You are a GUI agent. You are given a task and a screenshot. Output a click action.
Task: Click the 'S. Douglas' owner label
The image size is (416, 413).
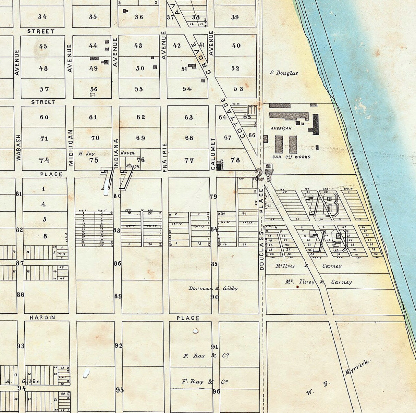284,73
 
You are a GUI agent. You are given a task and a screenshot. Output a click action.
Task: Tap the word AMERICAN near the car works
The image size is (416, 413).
281,128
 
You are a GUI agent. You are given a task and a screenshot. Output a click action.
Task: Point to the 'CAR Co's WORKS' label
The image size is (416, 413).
291,157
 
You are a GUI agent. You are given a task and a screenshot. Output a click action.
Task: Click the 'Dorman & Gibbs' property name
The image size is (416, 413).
213,288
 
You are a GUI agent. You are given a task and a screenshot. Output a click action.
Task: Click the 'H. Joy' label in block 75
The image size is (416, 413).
86,154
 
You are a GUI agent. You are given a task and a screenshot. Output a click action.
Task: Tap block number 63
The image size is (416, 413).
188,117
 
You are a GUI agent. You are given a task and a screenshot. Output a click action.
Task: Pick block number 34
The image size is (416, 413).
42,17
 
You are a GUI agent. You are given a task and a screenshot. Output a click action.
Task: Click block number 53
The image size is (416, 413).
238,89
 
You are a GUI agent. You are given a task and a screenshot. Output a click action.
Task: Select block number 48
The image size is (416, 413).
43,68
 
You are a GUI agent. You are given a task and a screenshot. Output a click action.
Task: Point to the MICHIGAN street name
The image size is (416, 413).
71,148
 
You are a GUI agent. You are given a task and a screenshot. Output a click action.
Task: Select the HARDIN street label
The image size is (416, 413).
42,317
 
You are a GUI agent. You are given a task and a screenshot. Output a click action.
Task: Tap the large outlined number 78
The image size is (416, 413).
324,204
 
